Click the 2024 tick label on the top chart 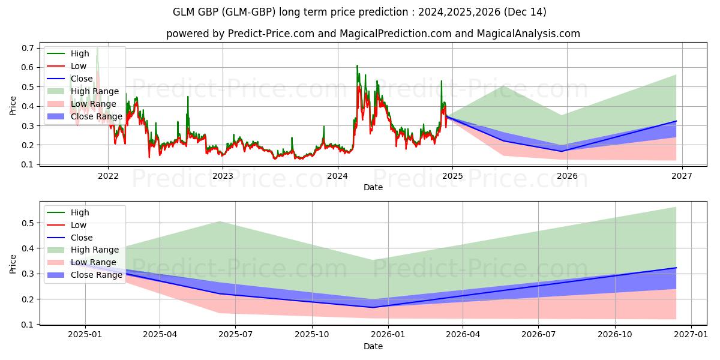(338, 176)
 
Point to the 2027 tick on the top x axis (682, 176)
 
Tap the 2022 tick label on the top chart (108, 176)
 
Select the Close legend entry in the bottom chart (82, 238)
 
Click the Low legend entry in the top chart (79, 66)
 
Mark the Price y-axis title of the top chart (13, 106)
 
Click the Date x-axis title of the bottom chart (373, 346)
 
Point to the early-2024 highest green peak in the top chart (357, 65)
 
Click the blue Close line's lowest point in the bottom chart (374, 307)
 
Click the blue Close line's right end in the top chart (676, 121)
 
